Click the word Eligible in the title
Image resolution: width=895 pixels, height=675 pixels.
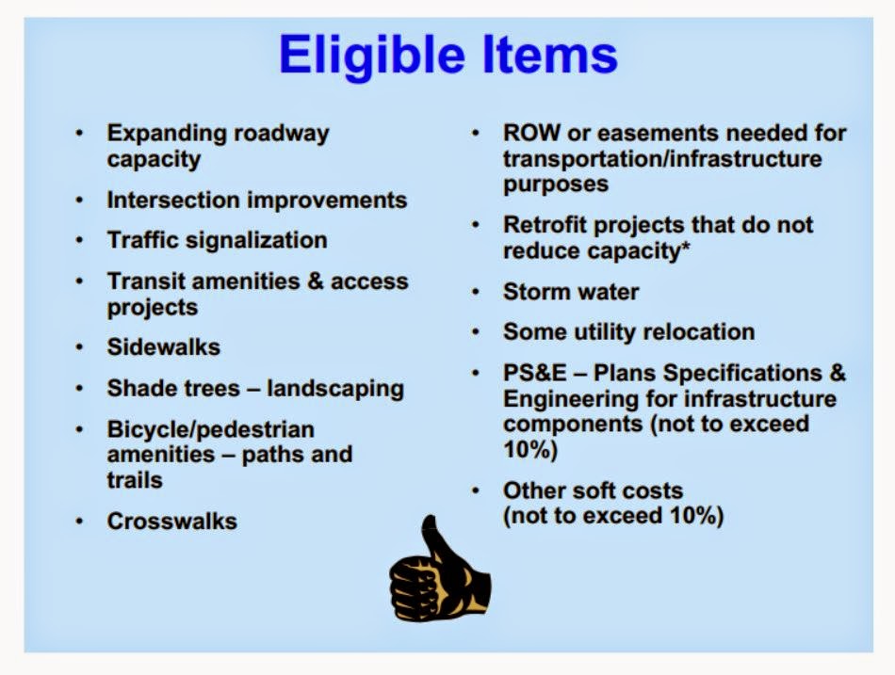(x=371, y=56)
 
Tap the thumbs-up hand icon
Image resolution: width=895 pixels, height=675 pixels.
(x=440, y=569)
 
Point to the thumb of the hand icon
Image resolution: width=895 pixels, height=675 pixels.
(x=435, y=539)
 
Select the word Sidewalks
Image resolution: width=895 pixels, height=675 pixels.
(x=163, y=347)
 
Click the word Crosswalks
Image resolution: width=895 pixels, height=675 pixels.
(x=171, y=521)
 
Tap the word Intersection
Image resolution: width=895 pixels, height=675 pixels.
(x=173, y=201)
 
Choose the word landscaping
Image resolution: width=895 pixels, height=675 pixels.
(x=335, y=390)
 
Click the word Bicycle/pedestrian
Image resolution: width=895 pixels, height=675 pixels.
(x=211, y=430)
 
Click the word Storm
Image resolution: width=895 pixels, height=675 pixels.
(x=536, y=292)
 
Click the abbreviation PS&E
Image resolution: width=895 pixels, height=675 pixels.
(x=535, y=373)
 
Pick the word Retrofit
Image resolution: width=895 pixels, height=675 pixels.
(x=545, y=225)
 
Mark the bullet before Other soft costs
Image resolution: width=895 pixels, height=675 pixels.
(x=475, y=490)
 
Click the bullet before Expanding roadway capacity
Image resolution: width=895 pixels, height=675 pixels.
(x=79, y=133)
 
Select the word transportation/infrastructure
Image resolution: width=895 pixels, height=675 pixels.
(x=662, y=159)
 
